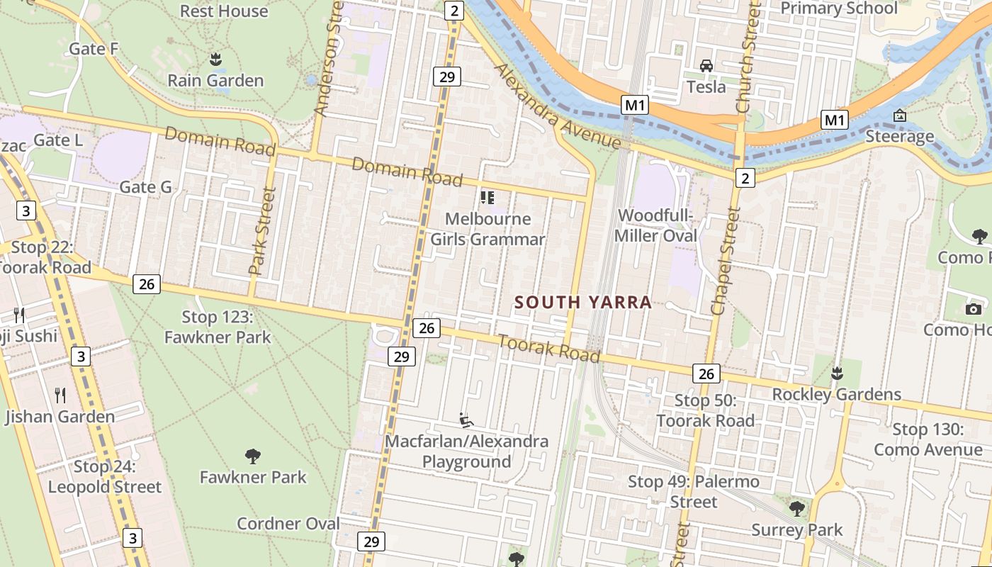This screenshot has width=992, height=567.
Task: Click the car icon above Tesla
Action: pos(706,66)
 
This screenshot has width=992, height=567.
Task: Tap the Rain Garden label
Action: pos(215,81)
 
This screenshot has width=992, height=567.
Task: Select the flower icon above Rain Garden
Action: pos(215,58)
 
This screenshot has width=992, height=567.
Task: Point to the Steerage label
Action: pos(899,136)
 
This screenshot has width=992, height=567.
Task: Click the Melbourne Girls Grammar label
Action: pos(488,229)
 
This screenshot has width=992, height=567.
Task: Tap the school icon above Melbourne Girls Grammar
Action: pos(487,198)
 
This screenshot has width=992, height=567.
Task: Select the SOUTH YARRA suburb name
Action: pos(582,303)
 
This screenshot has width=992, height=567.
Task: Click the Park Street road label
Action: pos(261,231)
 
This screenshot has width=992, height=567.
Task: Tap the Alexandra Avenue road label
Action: pos(558,106)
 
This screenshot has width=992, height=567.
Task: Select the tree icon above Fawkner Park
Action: pos(252,456)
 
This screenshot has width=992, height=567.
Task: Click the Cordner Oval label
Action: pos(288,524)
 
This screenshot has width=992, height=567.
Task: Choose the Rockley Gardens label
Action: pos(836,394)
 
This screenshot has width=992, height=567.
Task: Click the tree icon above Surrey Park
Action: pos(797,508)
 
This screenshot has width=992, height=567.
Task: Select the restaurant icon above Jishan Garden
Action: pos(60,395)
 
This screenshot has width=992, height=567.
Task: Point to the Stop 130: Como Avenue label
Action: pos(928,439)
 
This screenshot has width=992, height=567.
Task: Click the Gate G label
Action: pos(145,187)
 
